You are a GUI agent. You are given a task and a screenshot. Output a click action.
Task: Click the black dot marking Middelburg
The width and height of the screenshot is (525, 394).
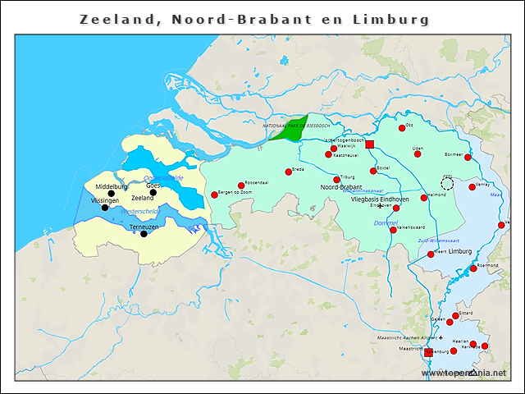click(112, 194)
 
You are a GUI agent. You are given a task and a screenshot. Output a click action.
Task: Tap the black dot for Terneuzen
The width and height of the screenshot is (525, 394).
click(144, 234)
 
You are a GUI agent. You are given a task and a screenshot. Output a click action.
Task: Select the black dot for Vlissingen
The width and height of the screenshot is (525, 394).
click(104, 208)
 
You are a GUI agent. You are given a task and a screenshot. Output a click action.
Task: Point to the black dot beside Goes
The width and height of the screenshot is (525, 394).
click(153, 193)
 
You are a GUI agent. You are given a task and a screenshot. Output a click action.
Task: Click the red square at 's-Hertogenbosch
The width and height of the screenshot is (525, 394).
click(369, 144)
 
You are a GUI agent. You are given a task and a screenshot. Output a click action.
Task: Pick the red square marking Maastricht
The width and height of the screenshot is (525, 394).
click(428, 352)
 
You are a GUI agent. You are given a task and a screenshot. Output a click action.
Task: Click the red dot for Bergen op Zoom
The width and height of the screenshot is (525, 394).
click(215, 195)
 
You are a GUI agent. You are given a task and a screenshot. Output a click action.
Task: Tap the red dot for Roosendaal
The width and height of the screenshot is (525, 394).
click(241, 186)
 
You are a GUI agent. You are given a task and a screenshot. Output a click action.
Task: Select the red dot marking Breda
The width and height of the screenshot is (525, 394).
click(288, 172)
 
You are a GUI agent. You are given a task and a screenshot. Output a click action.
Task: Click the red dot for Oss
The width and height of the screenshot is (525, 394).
click(402, 128)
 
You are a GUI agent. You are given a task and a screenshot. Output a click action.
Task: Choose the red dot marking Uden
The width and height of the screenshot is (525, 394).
click(418, 153)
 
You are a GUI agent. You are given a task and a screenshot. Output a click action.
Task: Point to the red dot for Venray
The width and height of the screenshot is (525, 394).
click(472, 187)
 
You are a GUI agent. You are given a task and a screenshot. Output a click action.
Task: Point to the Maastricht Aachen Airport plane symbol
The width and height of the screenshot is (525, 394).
click(441, 337)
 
